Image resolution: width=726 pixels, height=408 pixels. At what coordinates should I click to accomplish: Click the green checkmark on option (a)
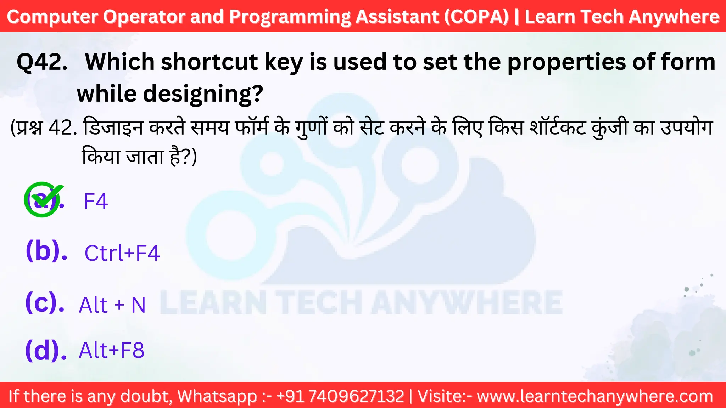(43, 199)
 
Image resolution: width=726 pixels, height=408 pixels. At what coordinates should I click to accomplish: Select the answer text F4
(95, 202)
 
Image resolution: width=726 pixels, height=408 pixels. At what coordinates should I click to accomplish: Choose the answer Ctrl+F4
(122, 253)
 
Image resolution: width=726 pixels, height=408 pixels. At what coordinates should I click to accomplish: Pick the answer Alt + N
(112, 305)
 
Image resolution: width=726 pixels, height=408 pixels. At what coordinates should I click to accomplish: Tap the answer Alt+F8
(111, 350)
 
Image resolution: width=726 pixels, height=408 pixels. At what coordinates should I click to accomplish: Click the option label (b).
(46, 251)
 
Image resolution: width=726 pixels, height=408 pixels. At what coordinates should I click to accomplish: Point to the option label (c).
(45, 303)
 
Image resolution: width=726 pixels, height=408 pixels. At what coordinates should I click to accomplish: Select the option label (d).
(46, 350)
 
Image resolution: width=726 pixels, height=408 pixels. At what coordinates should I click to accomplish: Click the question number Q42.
(42, 62)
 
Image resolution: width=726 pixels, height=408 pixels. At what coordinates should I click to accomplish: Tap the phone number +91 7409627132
(340, 396)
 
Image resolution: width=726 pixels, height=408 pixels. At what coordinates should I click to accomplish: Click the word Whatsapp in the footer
(217, 396)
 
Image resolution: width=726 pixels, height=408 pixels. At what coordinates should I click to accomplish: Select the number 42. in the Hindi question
(63, 128)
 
